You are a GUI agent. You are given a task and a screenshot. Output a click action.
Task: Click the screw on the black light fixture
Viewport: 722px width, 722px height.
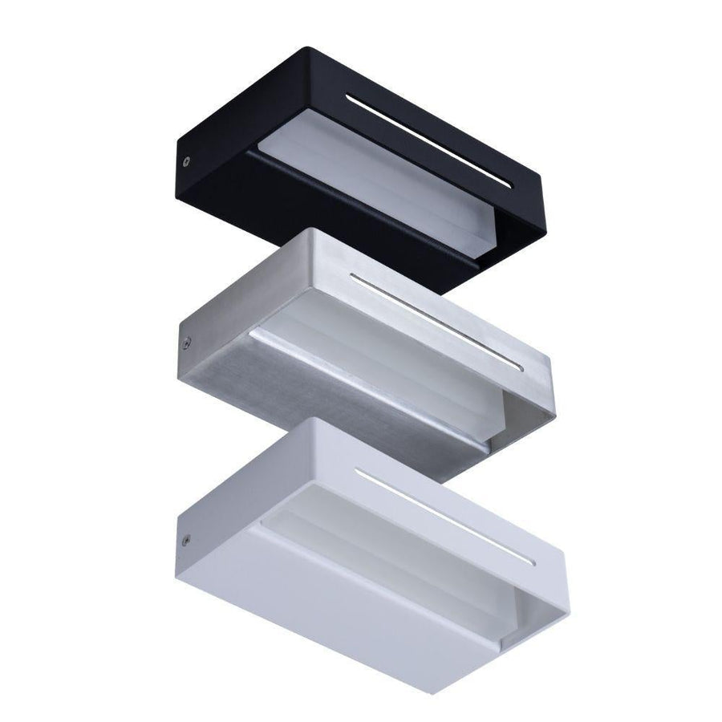[187, 160]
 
